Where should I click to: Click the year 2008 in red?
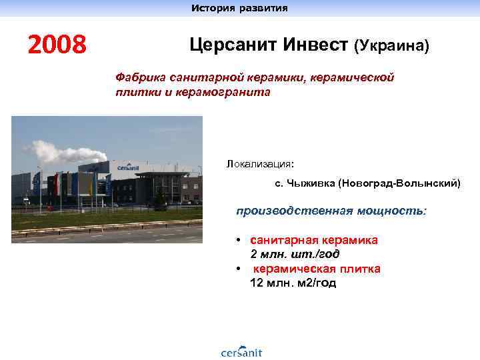click(57, 45)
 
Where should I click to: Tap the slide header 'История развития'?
click(239, 8)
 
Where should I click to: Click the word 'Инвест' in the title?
click(309, 45)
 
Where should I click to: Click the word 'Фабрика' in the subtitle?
click(141, 78)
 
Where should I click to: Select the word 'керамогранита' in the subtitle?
click(223, 93)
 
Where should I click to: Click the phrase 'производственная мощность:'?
click(331, 211)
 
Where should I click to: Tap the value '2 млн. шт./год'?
click(294, 254)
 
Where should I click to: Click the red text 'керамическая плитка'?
click(317, 269)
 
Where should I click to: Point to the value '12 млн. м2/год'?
click(293, 283)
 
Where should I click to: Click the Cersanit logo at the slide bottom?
click(241, 351)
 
